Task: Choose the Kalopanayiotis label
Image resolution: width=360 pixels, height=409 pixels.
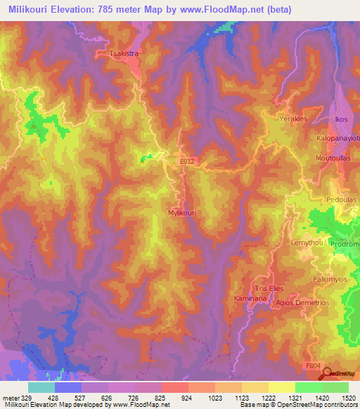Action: [338, 138]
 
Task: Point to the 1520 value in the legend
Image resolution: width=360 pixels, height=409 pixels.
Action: [347, 398]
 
